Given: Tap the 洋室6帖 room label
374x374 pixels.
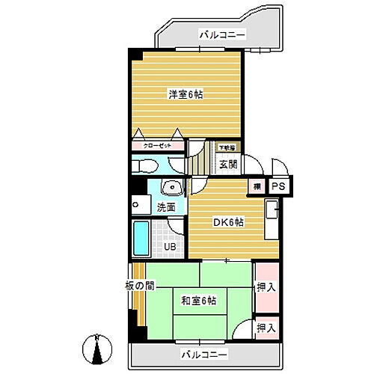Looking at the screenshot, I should [186, 94].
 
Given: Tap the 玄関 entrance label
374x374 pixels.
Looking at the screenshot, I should [227, 164].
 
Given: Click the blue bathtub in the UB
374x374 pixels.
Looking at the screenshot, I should [141, 238].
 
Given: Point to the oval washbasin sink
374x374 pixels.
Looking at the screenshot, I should [171, 188].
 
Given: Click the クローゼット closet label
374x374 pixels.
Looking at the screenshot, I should [156, 147].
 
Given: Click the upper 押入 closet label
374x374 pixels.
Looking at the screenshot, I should [266, 286].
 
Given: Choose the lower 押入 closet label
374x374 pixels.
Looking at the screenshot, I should [266, 328].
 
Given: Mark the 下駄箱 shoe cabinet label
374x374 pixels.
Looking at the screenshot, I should [227, 147].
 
